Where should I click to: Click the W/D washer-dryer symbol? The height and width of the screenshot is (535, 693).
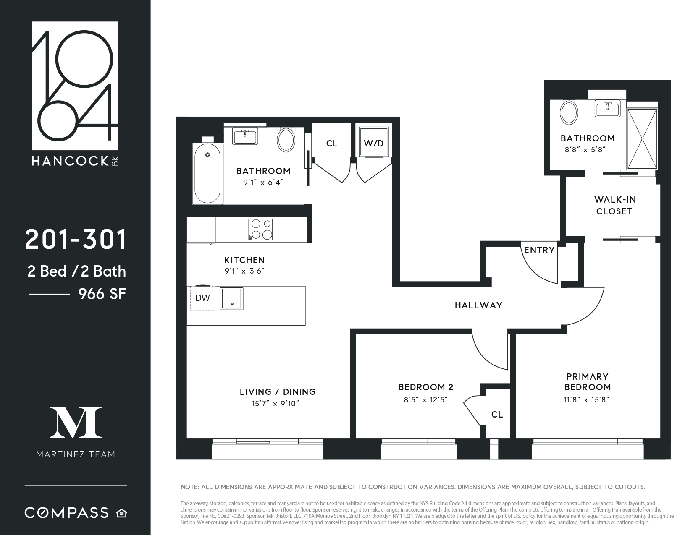coord(373,144)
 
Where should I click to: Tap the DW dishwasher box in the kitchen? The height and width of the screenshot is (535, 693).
coord(203,298)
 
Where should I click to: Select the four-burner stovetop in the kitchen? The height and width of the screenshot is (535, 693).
coord(260,230)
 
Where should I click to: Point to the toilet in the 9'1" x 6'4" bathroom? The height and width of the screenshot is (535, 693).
coord(286,140)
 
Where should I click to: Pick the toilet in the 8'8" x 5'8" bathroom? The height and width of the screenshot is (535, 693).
coord(569,112)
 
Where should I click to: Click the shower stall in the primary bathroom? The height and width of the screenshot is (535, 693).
coord(642,138)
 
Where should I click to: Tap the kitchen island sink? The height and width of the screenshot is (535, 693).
coord(231,298)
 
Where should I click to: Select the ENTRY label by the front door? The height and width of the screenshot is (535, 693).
coord(539,250)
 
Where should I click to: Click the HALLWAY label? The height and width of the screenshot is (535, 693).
coord(478,305)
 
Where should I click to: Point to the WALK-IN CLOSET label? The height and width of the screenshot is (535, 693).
coord(614,206)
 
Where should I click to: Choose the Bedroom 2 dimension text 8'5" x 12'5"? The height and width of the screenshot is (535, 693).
coord(426,400)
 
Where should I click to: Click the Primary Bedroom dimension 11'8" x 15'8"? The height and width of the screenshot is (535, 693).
coord(587,400)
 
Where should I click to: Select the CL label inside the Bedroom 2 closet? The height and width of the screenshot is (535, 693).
coord(497,415)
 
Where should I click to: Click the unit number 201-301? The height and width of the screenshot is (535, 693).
coord(76,240)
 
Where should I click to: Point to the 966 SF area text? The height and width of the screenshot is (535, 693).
coord(102,294)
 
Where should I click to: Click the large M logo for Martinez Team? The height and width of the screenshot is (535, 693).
coord(76,422)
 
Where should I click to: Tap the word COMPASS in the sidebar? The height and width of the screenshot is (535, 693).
coord(67,513)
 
